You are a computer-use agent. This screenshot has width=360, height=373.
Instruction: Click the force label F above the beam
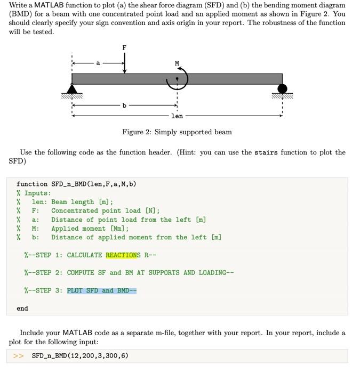click(124, 48)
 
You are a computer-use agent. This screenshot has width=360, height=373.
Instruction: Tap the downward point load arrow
click(124, 63)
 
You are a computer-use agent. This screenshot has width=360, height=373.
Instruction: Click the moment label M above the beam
click(177, 63)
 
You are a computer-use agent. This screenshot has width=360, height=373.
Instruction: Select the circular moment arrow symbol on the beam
click(177, 79)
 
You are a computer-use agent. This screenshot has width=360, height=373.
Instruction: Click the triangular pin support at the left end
click(72, 89)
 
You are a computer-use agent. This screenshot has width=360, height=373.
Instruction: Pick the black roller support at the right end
click(282, 88)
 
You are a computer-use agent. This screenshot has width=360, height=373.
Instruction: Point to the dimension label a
click(98, 63)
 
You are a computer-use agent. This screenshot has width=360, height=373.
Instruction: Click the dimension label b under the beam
click(124, 106)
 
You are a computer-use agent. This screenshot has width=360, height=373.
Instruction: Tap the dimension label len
click(177, 116)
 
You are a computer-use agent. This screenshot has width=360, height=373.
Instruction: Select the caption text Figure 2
click(138, 132)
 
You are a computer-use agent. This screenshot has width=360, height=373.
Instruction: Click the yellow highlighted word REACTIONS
click(123, 255)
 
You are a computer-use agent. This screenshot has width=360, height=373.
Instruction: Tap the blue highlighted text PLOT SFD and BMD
click(101, 290)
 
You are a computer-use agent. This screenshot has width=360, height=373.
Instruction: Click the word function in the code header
click(32, 184)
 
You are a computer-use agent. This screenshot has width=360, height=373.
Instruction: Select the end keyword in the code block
click(22, 308)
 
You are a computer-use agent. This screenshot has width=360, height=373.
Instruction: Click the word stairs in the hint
click(266, 152)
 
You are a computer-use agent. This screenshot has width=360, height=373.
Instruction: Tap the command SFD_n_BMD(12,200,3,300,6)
click(80, 355)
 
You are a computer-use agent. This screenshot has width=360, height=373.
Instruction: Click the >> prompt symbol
click(18, 355)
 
